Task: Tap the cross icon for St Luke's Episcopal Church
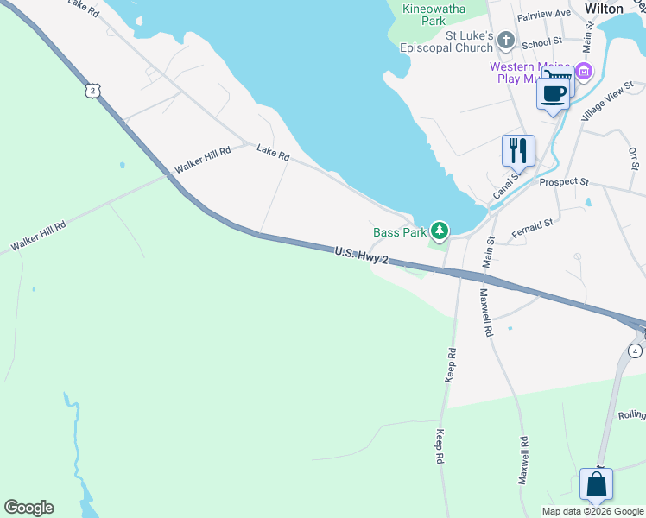click(x=506, y=41)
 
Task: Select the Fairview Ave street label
click(x=544, y=14)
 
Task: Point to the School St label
click(x=542, y=41)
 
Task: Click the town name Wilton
click(x=605, y=8)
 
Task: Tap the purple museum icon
click(x=585, y=71)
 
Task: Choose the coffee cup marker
click(x=553, y=91)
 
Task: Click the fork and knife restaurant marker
click(x=518, y=150)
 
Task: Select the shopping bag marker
click(x=597, y=484)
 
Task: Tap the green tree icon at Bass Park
click(x=440, y=231)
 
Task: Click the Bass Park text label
click(x=400, y=232)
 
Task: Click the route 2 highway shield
click(x=92, y=91)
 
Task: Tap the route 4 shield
click(x=635, y=351)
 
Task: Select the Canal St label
click(x=505, y=185)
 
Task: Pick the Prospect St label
click(x=563, y=182)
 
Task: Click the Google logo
click(x=28, y=507)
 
